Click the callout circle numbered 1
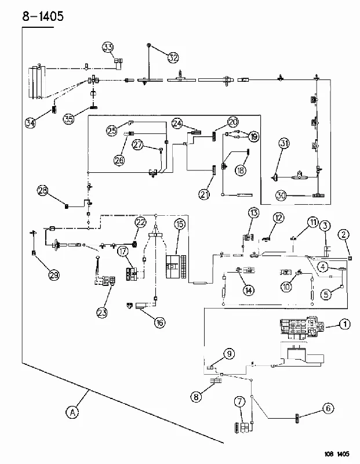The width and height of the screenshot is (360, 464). (344, 324)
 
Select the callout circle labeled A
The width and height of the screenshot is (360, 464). (72, 412)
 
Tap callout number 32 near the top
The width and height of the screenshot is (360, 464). (173, 57)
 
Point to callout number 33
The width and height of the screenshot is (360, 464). (108, 47)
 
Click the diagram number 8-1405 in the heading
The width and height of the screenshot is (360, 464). (43, 16)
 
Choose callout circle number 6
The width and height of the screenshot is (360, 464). (328, 409)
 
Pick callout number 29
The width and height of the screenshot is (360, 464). (54, 275)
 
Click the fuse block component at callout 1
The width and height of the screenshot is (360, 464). (302, 327)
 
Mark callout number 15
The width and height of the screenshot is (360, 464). (179, 224)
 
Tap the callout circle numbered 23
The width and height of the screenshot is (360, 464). (102, 313)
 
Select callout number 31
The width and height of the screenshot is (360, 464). (284, 143)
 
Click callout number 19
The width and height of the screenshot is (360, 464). (253, 136)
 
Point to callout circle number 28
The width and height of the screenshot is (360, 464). (43, 190)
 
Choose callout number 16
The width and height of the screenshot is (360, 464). (160, 322)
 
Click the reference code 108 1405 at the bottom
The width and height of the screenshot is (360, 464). (336, 454)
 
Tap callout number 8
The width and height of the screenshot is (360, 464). (196, 396)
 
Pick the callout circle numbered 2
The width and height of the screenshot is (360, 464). (343, 235)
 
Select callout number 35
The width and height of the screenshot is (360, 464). (68, 119)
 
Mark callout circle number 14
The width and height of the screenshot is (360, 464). (249, 291)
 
